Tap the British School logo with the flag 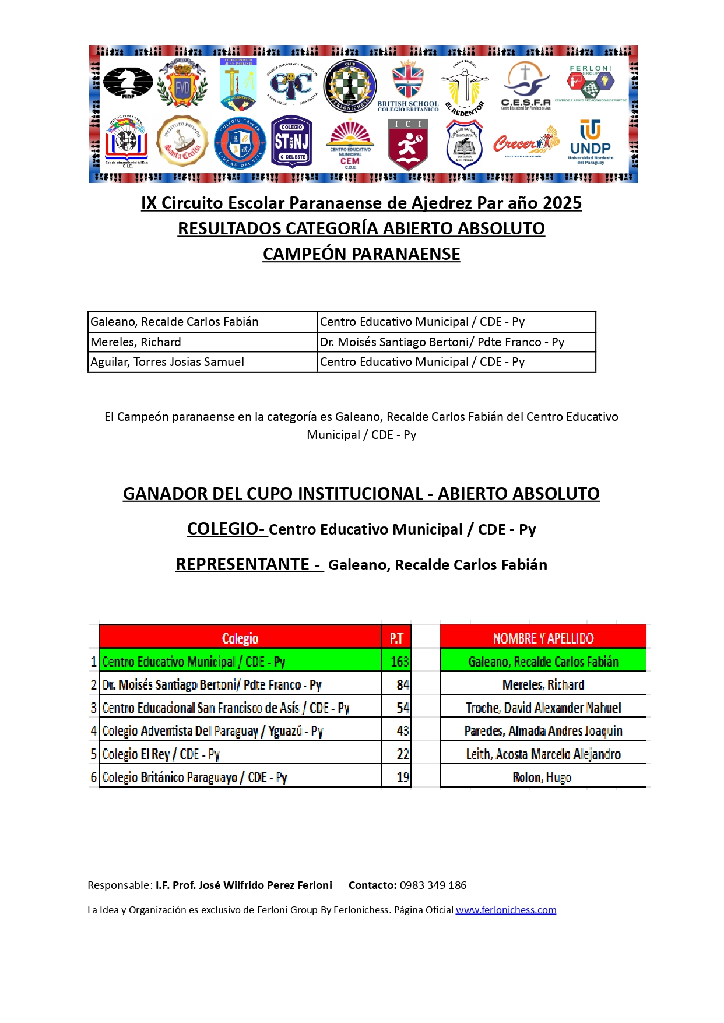(408, 86)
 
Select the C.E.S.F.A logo (526, 86)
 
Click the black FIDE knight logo (128, 83)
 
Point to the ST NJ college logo (291, 142)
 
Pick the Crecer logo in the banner (526, 142)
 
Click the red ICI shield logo (408, 143)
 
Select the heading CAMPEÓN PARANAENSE (361, 254)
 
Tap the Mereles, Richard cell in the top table (202, 342)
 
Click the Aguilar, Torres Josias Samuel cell (202, 362)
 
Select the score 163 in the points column (399, 662)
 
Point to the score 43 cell (402, 731)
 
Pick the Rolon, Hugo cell (542, 777)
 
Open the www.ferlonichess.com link (506, 910)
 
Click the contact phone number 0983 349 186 (433, 885)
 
